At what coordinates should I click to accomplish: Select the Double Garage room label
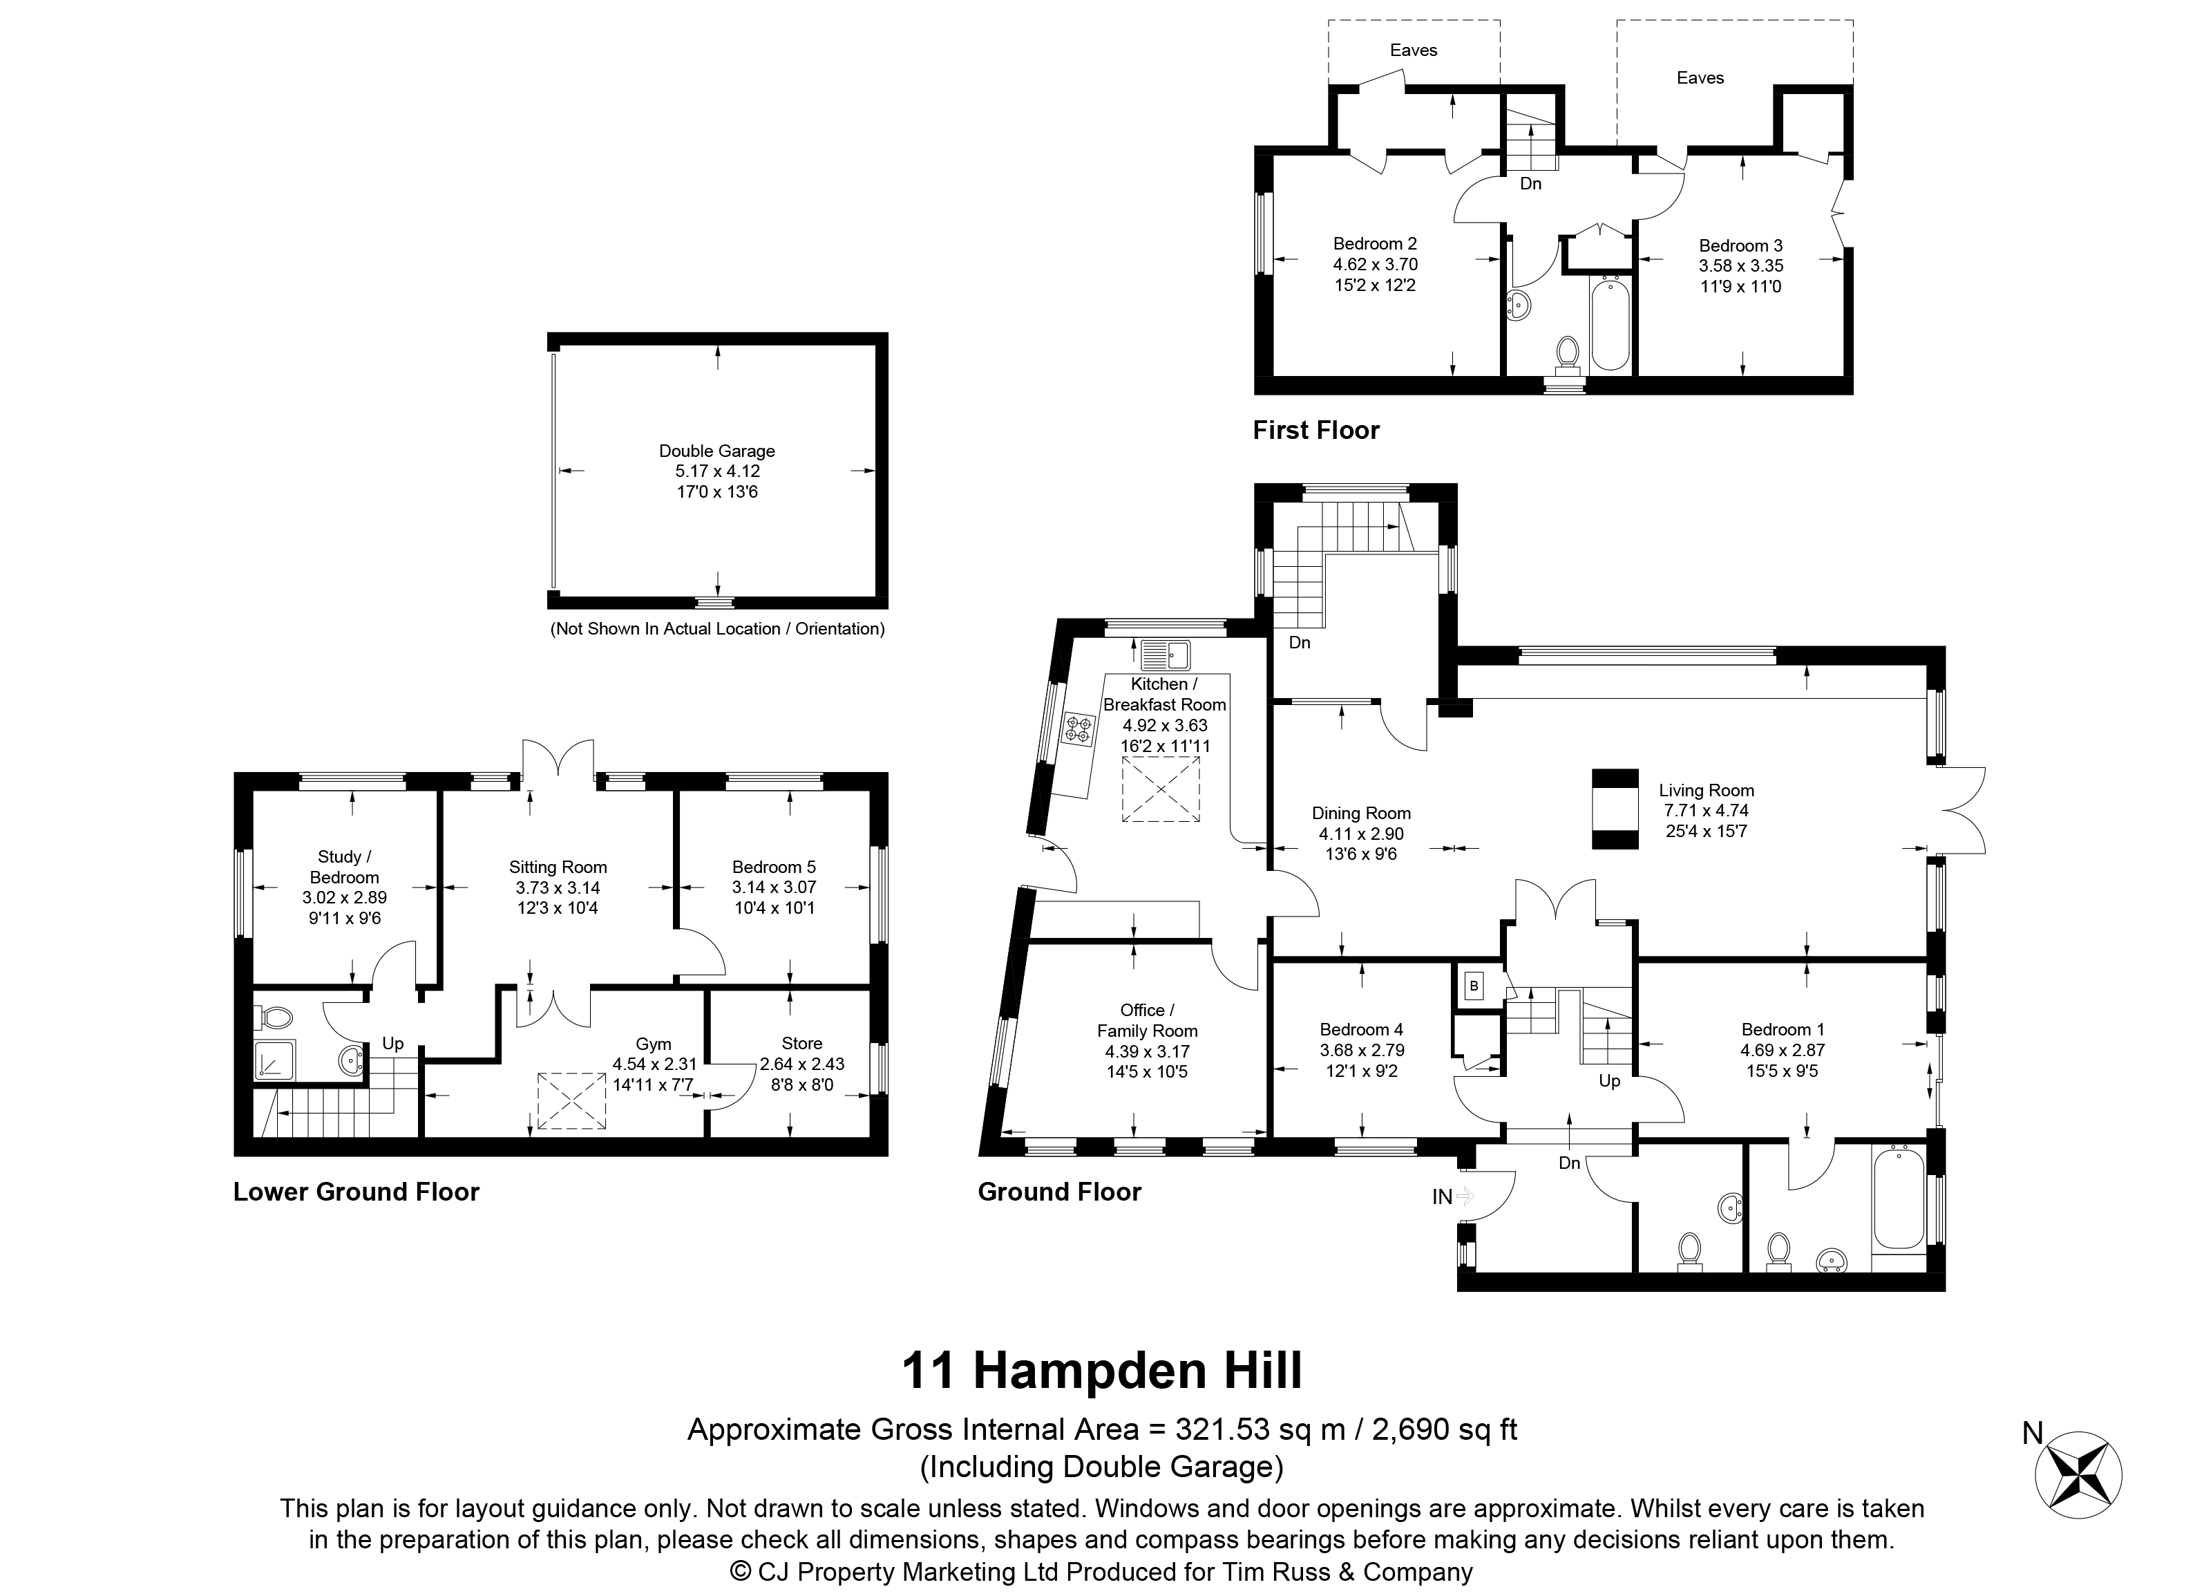click(x=717, y=451)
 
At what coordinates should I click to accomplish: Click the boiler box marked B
click(x=1474, y=986)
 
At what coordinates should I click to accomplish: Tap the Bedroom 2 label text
click(x=1375, y=244)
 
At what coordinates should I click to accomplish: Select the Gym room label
click(x=654, y=1044)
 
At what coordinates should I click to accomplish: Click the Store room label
click(x=801, y=1043)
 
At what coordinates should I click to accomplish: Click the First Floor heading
click(x=1315, y=430)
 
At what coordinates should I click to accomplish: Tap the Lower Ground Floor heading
click(x=357, y=1192)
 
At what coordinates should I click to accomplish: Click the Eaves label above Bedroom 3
click(x=1700, y=77)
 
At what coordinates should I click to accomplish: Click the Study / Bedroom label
click(x=345, y=867)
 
